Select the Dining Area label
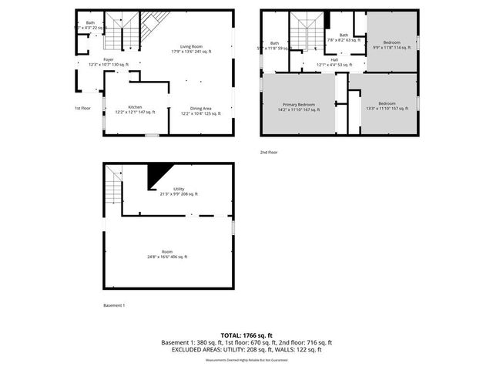(200, 109)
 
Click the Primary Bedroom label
(299, 106)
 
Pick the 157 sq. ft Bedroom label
(387, 106)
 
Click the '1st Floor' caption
(82, 108)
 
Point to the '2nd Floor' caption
(269, 152)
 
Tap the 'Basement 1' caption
(114, 305)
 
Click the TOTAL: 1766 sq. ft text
(246, 335)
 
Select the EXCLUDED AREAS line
(246, 349)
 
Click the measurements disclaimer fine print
(246, 360)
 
